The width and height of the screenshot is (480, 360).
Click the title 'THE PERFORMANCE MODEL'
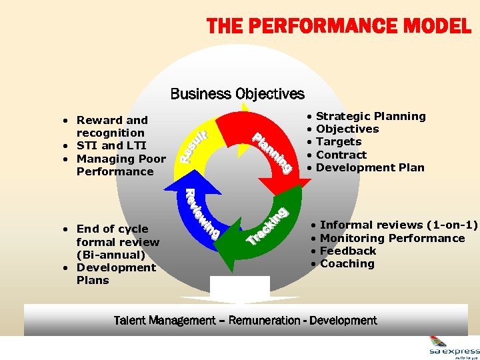pyautogui.click(x=339, y=27)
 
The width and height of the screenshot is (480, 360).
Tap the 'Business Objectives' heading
pyautogui.click(x=237, y=94)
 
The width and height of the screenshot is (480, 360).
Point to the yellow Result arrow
pyautogui.click(x=197, y=143)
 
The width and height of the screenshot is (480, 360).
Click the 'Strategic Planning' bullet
pyautogui.click(x=371, y=116)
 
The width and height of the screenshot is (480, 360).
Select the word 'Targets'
pyautogui.click(x=339, y=142)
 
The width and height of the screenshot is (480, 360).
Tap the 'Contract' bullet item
pyautogui.click(x=341, y=155)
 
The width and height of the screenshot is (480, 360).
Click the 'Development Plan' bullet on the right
pyautogui.click(x=370, y=167)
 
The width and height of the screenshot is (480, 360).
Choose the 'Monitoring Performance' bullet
pyautogui.click(x=392, y=238)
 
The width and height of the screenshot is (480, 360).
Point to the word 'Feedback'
pyautogui.click(x=348, y=251)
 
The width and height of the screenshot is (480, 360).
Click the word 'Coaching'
pyautogui.click(x=347, y=263)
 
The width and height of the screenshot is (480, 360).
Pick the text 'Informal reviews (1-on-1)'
pyautogui.click(x=399, y=225)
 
